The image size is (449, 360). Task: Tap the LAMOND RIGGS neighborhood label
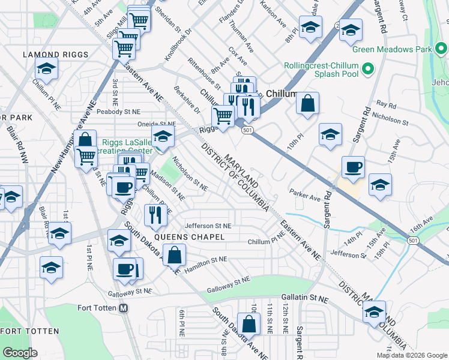pos(56,55)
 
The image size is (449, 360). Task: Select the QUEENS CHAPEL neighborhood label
pos(189,237)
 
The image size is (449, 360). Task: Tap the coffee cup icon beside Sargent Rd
pos(353,167)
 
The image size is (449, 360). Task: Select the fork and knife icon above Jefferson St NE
pos(156,215)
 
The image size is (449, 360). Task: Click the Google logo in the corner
pos(20,353)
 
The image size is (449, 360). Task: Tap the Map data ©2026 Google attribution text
pos(411,355)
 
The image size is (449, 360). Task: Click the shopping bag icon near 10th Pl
pos(307,103)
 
